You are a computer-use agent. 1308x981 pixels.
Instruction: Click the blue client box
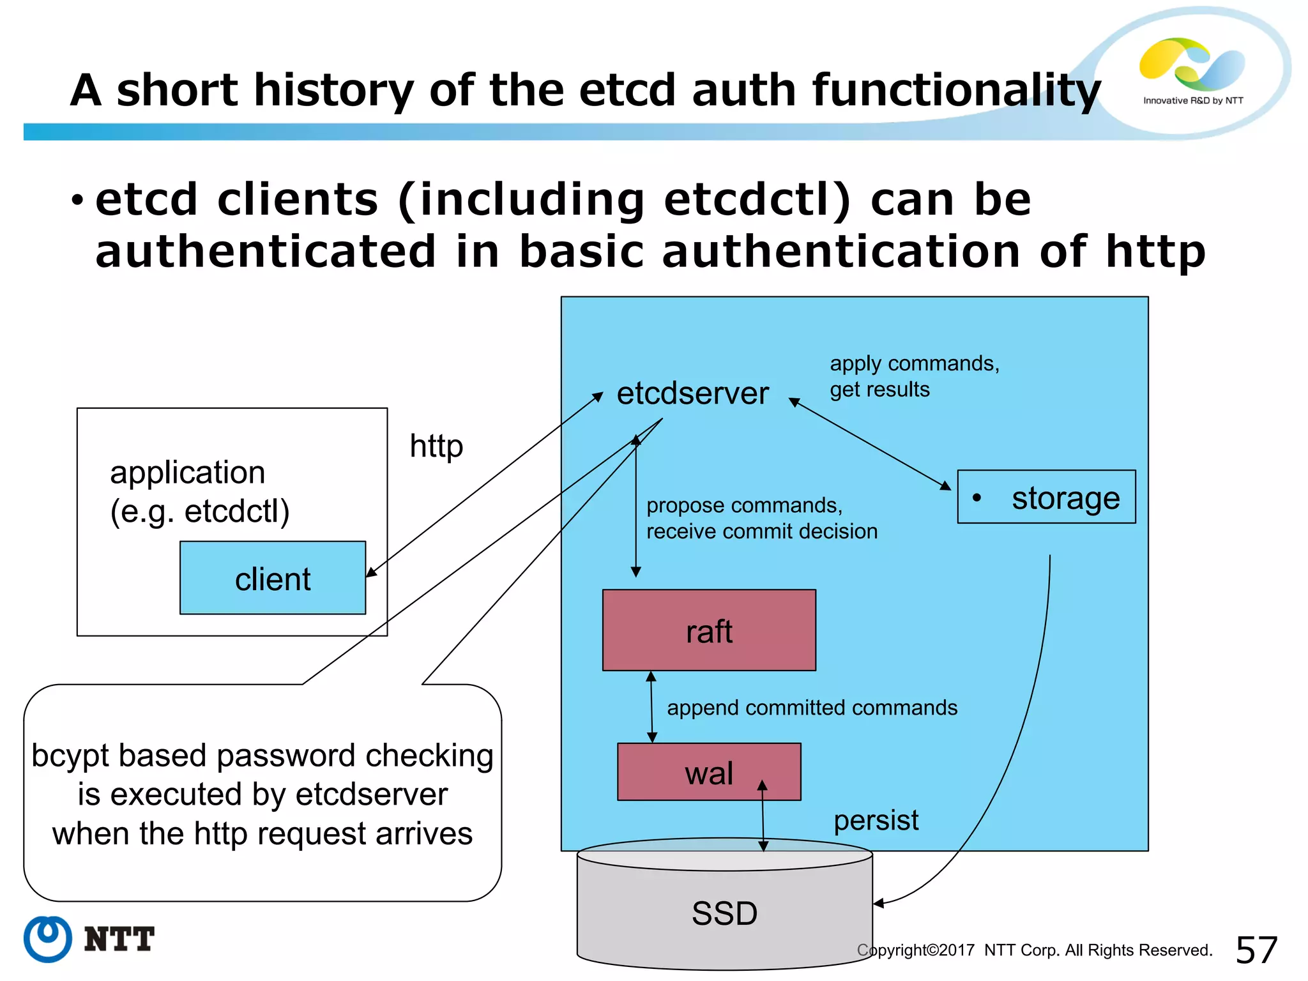pyautogui.click(x=273, y=578)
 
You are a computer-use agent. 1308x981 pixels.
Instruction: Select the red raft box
pyautogui.click(x=709, y=630)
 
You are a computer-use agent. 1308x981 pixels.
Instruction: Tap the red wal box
pyautogui.click(x=709, y=772)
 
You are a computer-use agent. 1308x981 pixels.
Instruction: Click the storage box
pyautogui.click(x=1046, y=498)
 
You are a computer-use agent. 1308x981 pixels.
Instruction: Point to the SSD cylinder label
pyautogui.click(x=724, y=913)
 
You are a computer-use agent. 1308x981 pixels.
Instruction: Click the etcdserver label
pyautogui.click(x=692, y=393)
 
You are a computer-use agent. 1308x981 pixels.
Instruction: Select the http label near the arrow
pyautogui.click(x=436, y=446)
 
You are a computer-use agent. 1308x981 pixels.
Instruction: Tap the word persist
pyautogui.click(x=876, y=820)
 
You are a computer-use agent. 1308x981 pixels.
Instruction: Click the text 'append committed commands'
pyautogui.click(x=812, y=708)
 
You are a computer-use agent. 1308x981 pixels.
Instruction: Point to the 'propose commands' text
pyautogui.click(x=744, y=505)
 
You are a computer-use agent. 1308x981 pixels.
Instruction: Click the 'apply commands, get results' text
pyautogui.click(x=913, y=376)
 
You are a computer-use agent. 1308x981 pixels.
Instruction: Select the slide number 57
pyautogui.click(x=1256, y=950)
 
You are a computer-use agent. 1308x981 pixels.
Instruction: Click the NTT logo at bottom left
pyautogui.click(x=89, y=939)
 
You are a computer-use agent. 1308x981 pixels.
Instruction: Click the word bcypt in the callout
pyautogui.click(x=70, y=756)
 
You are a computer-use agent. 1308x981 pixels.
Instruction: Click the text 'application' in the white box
pyautogui.click(x=187, y=473)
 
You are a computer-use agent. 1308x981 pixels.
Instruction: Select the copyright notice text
pyautogui.click(x=1035, y=950)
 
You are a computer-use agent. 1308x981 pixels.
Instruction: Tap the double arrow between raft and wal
pyautogui.click(x=651, y=707)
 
